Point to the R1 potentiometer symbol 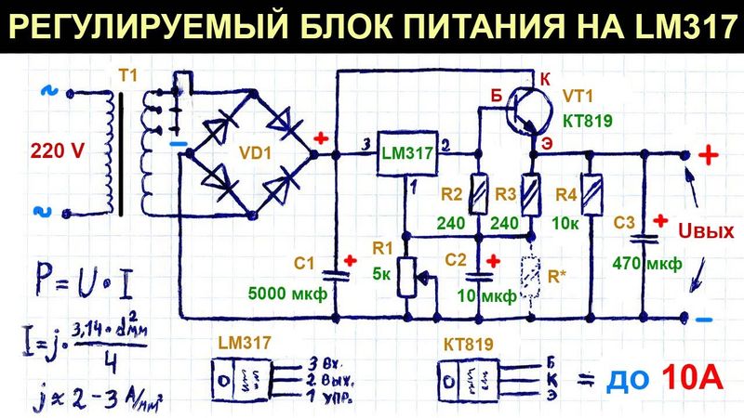coord(406,275)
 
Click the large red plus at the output coord(709,155)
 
